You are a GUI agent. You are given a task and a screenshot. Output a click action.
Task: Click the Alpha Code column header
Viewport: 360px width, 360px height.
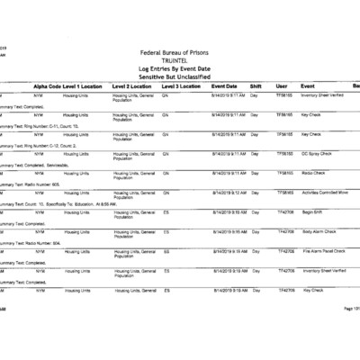pyautogui.click(x=47, y=84)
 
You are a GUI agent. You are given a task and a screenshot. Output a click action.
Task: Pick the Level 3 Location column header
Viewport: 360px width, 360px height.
pyautogui.click(x=182, y=84)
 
